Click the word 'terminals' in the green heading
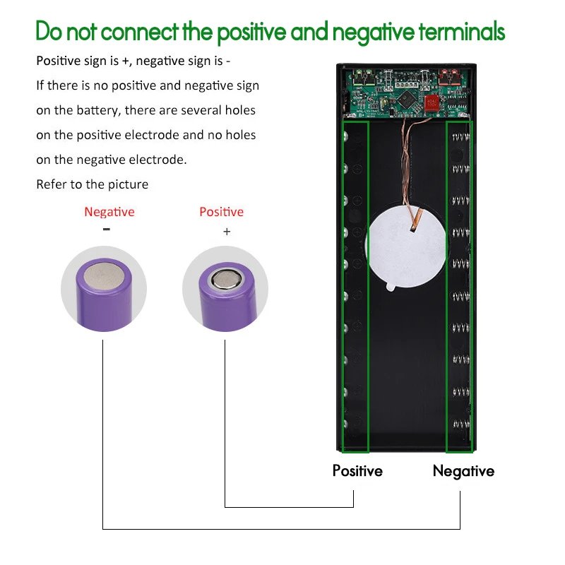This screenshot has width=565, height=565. coord(462,32)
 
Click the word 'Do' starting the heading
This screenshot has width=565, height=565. coord(49,31)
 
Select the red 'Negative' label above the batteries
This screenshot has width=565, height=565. coord(109,212)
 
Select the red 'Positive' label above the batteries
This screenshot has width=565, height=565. coord(221,212)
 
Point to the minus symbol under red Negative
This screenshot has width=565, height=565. coord(107,229)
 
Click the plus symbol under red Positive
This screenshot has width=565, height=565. coord(227,232)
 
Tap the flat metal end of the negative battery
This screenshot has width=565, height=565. coord(105,276)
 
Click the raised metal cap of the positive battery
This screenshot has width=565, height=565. coord(227,279)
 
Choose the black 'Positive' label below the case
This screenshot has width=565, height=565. coord(357,470)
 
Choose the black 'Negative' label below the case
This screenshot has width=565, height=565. coord(463,471)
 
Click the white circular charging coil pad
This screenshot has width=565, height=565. coord(406,247)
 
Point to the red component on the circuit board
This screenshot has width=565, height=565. coord(431,102)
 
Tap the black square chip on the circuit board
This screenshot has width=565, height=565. coord(407,98)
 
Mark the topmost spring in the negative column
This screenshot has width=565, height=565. coord(461,137)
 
